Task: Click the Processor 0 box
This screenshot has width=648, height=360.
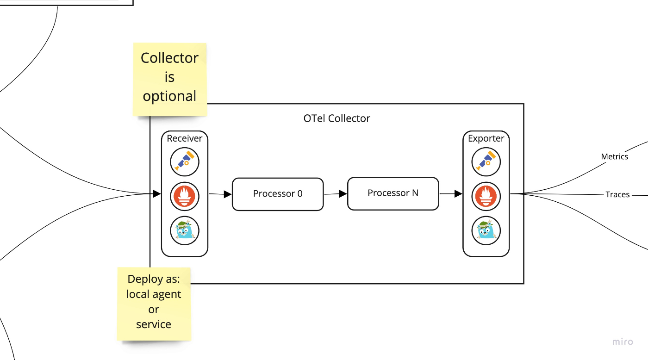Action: point(278,194)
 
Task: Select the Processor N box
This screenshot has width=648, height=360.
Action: point(393,193)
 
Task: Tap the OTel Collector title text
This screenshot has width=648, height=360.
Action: point(337,118)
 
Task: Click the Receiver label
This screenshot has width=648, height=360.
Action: point(185,138)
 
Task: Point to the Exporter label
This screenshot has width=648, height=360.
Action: point(486,138)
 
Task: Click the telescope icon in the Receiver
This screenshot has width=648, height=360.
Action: point(185,161)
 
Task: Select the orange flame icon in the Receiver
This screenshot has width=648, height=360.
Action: point(185,196)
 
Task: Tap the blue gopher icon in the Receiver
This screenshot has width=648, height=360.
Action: point(185,231)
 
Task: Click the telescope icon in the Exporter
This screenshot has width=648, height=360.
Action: point(486,161)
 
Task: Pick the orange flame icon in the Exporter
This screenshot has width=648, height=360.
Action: point(486,196)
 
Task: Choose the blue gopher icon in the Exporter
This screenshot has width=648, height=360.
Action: point(486,231)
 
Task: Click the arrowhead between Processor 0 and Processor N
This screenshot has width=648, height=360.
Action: point(343,193)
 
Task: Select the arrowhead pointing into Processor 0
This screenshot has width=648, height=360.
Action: point(228,194)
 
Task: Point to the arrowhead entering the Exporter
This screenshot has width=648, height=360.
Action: point(458,193)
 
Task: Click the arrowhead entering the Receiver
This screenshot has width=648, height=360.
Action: point(157,193)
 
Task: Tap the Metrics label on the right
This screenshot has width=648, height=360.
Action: point(615,156)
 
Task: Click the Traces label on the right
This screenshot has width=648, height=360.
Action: point(617,194)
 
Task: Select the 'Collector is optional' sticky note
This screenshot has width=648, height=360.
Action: point(170,80)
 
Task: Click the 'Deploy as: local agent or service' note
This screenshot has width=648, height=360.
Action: point(154,304)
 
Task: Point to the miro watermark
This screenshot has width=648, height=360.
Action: point(623,342)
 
